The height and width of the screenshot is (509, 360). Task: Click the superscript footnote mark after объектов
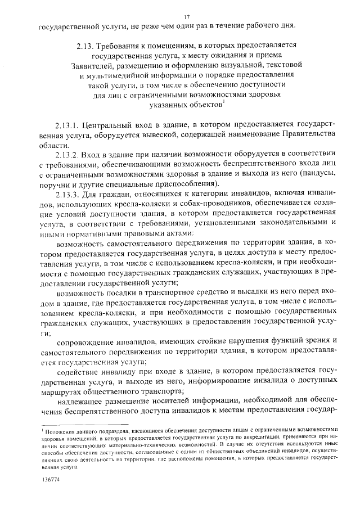tap(224, 102)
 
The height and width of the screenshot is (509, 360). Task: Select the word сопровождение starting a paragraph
tap(85, 341)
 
